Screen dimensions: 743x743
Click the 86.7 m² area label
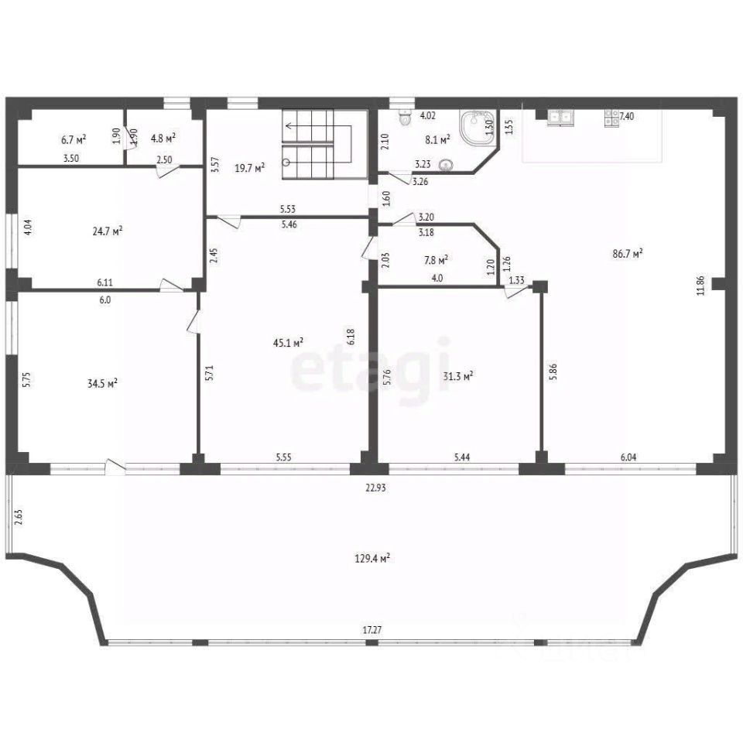tap(628, 252)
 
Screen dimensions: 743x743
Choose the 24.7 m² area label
tap(107, 231)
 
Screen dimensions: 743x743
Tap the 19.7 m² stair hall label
tap(250, 166)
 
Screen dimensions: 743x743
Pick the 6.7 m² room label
tap(73, 139)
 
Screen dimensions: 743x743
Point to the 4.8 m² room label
tap(163, 139)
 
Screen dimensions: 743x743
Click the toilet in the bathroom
tap(403, 118)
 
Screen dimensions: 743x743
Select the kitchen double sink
tap(560, 118)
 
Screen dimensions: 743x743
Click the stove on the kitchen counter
tap(611, 118)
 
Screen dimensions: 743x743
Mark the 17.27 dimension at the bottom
tap(372, 631)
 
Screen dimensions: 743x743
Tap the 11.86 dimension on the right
tap(700, 285)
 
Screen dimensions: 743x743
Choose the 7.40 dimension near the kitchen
tap(628, 117)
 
